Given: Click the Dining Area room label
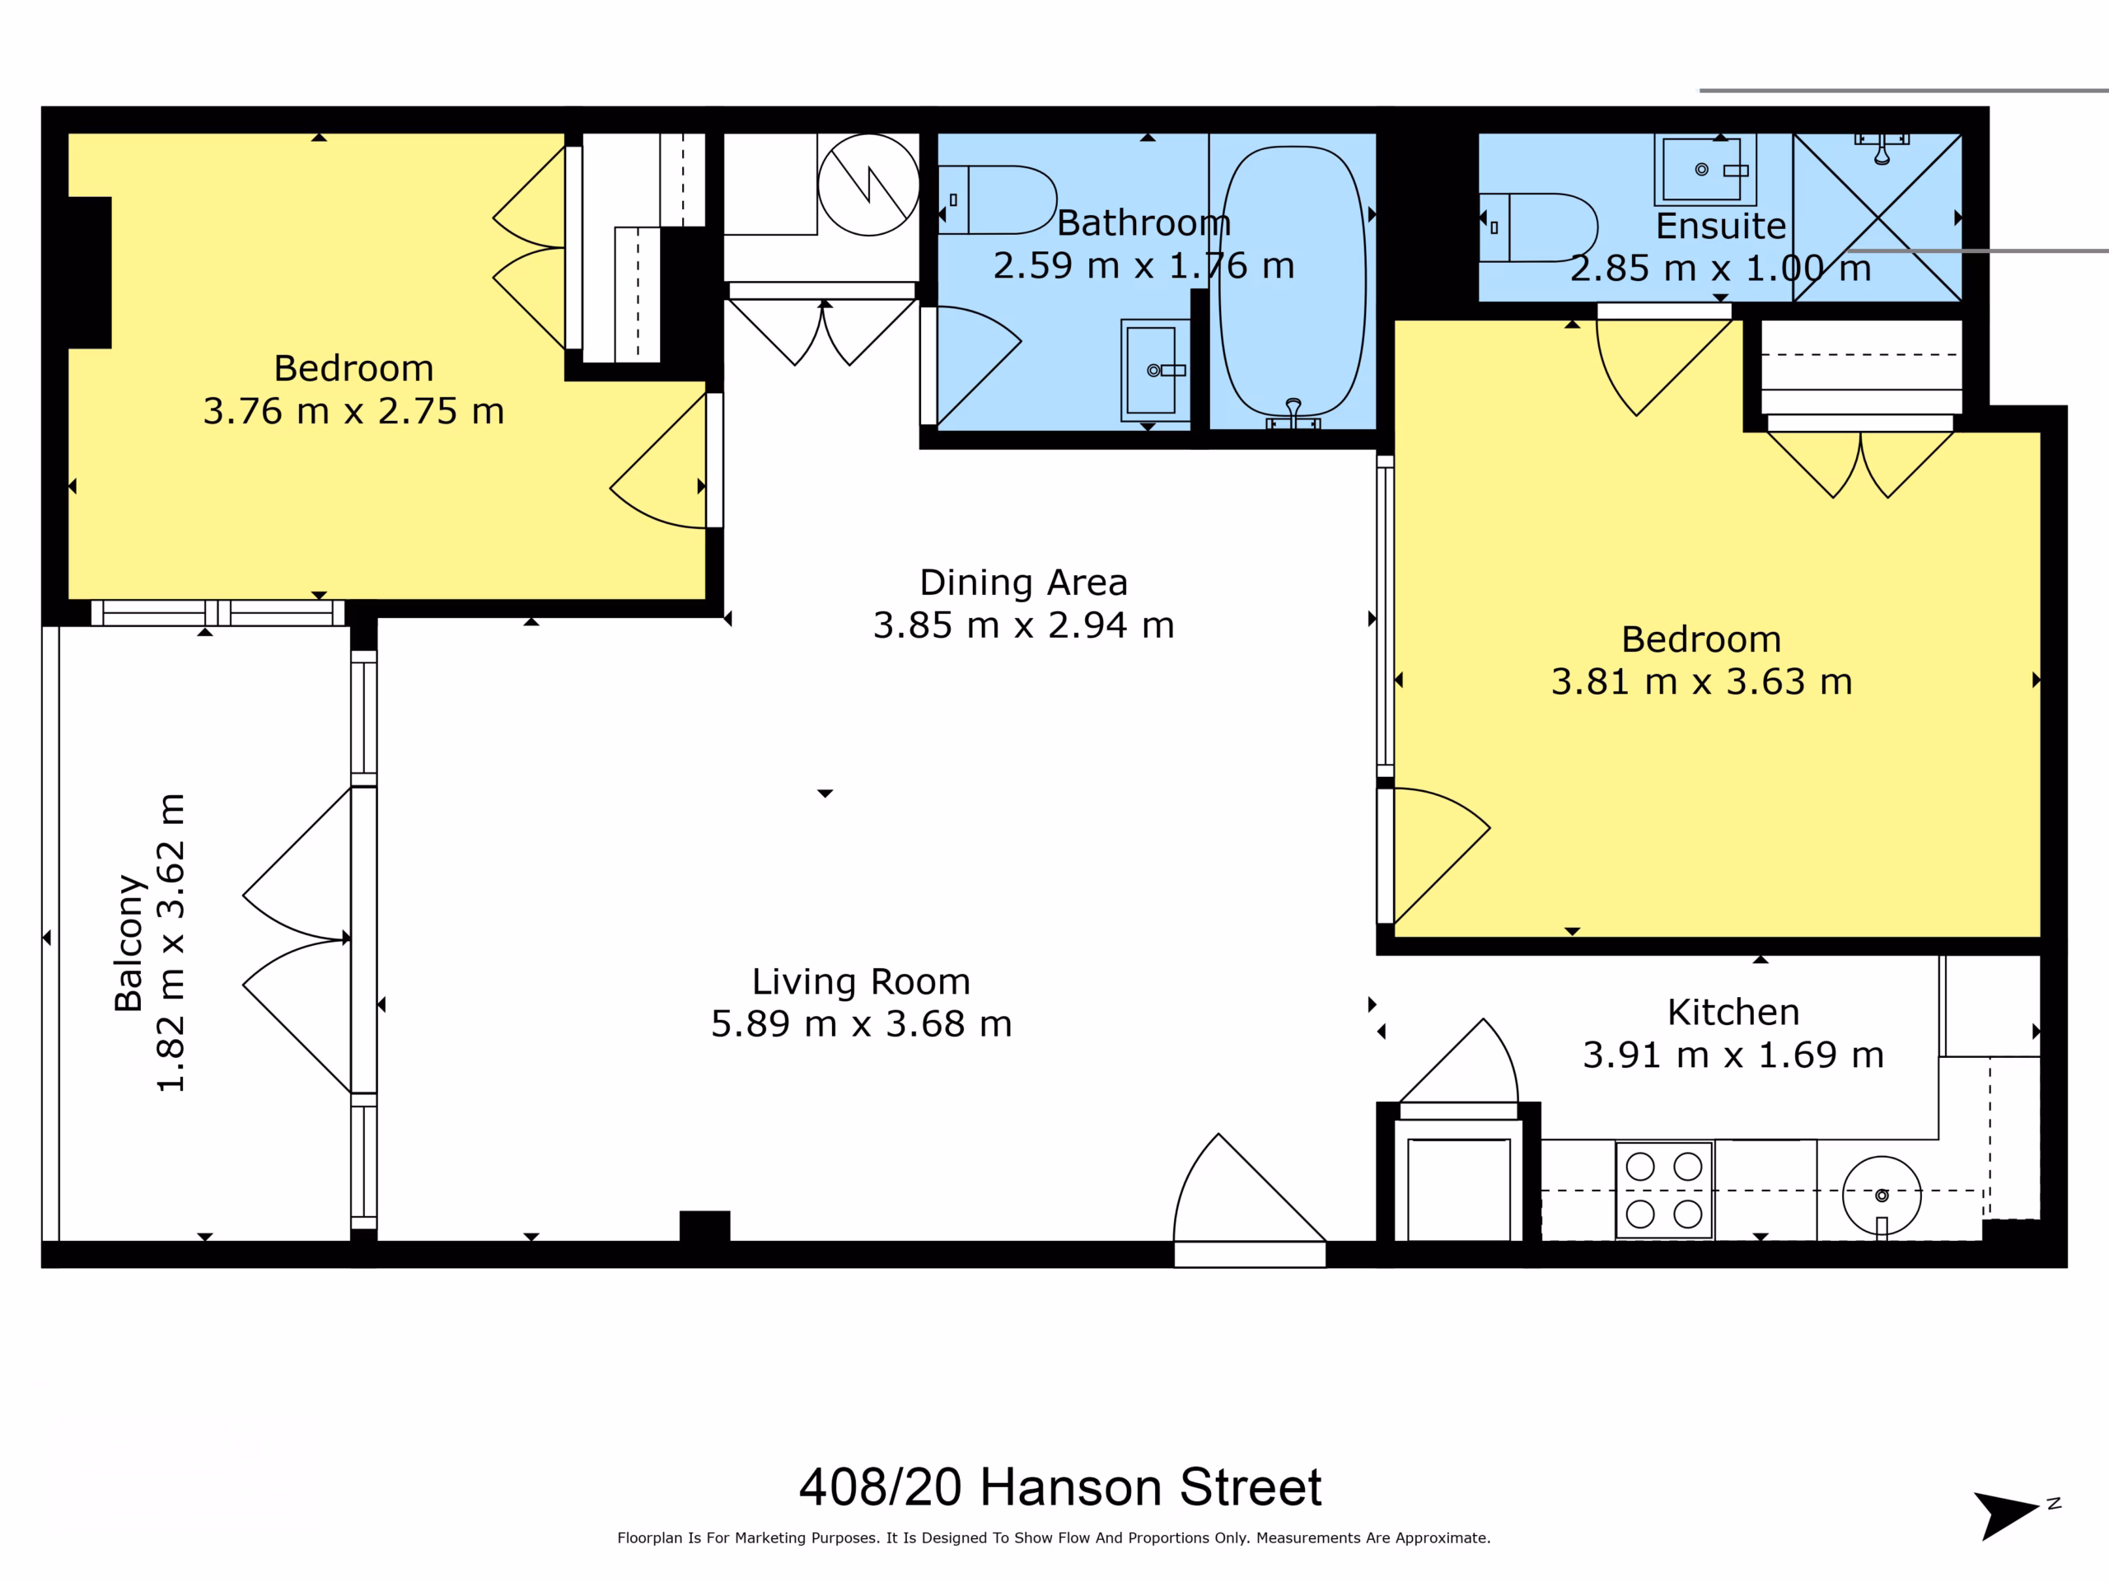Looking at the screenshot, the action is click(x=1023, y=582).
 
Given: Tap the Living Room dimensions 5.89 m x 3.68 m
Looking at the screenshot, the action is click(x=861, y=1024).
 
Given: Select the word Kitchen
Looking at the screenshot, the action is click(x=1733, y=1012).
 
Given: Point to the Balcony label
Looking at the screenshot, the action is click(x=128, y=942).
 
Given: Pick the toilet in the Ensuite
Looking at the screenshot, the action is click(x=1538, y=227).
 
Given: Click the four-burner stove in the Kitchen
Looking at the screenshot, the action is click(x=1664, y=1190).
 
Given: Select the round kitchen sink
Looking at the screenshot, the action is click(x=1881, y=1196).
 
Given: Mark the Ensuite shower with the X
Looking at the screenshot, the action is click(x=1878, y=218).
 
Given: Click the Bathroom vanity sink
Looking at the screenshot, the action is click(x=1156, y=370).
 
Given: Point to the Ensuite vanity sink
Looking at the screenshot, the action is click(x=1705, y=170).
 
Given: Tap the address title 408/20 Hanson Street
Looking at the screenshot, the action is click(x=1060, y=1486).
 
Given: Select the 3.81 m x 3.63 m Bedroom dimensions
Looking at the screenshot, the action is click(x=1701, y=681).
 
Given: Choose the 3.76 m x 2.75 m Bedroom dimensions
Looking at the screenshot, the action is click(x=353, y=411).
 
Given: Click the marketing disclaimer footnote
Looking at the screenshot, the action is click(x=1054, y=1538).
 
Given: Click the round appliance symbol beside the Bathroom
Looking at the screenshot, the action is click(x=868, y=184).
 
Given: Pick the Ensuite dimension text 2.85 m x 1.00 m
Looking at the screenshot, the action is click(x=1721, y=269).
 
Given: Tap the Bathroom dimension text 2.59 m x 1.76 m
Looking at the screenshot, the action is click(x=1144, y=265).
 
